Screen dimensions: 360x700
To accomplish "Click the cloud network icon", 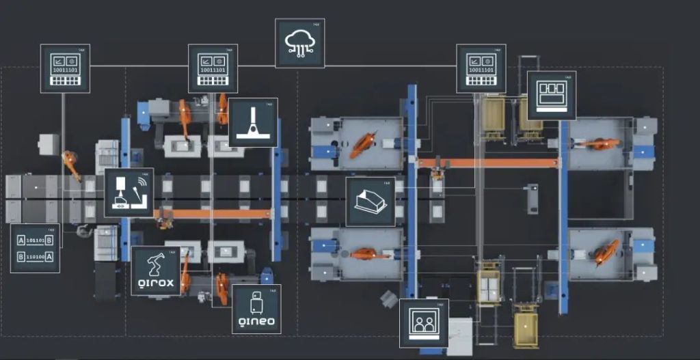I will click(x=299, y=43).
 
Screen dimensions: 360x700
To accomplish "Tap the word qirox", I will click(x=155, y=283).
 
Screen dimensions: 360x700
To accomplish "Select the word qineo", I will click(x=256, y=321).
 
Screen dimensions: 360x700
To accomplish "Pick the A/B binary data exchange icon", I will click(x=35, y=248).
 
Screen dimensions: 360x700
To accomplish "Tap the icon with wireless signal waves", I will click(x=129, y=193).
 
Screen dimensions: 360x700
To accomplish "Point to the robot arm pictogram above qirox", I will click(x=156, y=263).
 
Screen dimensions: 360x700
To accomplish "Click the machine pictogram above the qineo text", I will click(x=256, y=301).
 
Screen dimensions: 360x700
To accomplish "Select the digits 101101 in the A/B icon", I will click(x=35, y=240).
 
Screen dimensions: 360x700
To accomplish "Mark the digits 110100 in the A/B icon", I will click(x=35, y=256).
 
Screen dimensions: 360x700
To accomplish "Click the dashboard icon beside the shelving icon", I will click(x=481, y=69).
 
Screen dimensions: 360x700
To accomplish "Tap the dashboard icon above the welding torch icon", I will click(x=213, y=69).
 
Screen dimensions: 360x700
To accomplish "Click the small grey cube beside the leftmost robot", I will click(x=48, y=143).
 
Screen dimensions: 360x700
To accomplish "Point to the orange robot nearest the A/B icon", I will click(x=71, y=165).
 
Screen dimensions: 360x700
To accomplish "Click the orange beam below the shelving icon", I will click(x=488, y=163).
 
